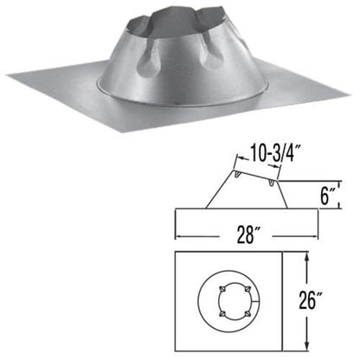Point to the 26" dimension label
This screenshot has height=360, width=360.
click(x=331, y=299)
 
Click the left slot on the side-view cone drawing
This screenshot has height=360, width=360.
click(x=236, y=176)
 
